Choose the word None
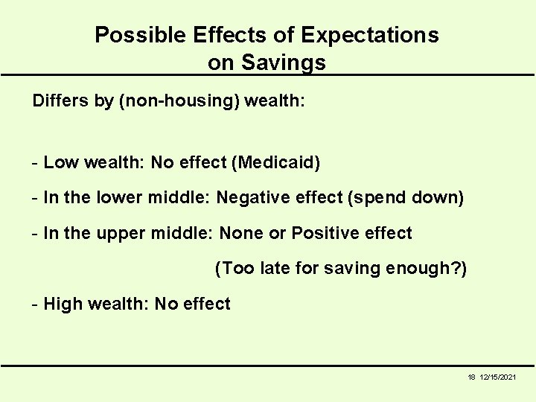pos(243,233)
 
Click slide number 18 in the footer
pos(471,378)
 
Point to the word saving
pos(348,269)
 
